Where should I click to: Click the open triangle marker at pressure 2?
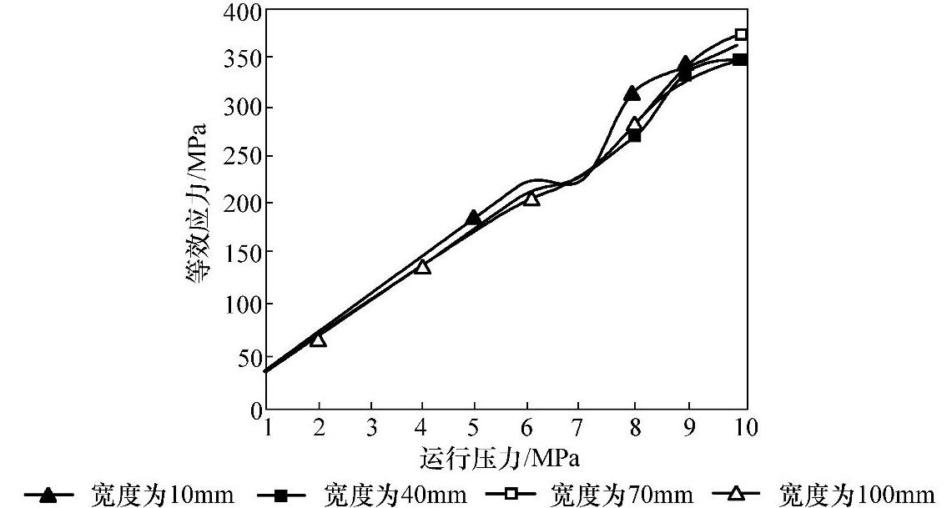tap(318, 340)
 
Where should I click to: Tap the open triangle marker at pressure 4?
tap(422, 266)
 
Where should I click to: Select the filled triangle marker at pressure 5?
tap(474, 218)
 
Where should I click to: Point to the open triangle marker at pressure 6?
tap(531, 199)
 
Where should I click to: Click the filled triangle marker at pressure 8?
tap(632, 93)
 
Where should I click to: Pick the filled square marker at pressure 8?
tap(635, 134)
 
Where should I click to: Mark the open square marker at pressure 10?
tap(741, 34)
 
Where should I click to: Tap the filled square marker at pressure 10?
tap(740, 59)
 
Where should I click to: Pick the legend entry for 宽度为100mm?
tap(826, 495)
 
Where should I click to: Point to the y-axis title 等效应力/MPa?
tap(200, 213)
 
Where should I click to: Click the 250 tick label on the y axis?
tap(243, 156)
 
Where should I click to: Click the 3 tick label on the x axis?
tap(370, 428)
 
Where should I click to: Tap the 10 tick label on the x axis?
tap(746, 428)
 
